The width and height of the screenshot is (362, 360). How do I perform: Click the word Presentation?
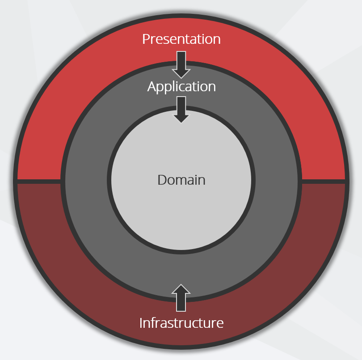pos(181,39)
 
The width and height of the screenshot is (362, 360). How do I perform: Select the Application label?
pos(181,87)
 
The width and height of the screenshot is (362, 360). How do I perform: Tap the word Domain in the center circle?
pos(181,180)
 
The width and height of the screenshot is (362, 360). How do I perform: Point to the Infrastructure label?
pos(181,323)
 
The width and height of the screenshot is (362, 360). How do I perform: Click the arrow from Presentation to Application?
pos(181,65)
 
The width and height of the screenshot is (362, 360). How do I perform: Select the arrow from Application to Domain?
pos(181,110)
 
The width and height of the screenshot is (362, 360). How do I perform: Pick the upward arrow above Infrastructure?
pos(181,298)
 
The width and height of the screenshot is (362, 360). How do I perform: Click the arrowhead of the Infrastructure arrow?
pos(181,289)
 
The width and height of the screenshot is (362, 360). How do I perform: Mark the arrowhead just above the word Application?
pos(181,74)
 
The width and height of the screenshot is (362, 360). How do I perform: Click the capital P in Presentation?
pos(146,39)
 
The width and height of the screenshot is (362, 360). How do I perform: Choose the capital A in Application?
pos(152,86)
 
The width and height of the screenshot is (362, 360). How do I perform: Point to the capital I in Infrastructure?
pos(141,323)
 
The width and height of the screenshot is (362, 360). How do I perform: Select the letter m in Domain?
pos(183,182)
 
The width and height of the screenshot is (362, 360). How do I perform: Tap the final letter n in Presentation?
pos(217,40)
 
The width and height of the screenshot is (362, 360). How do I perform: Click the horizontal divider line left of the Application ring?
pos(39,182)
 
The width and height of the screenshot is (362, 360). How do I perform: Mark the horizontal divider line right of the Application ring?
pos(324,182)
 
